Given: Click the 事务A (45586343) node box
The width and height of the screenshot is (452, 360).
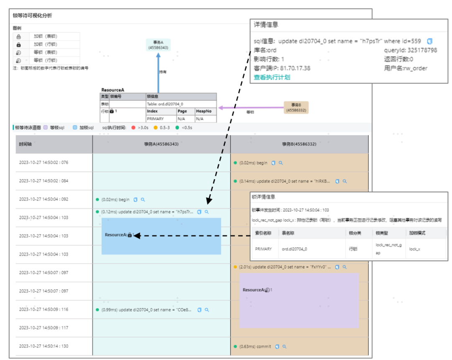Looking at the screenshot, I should [x=158, y=45].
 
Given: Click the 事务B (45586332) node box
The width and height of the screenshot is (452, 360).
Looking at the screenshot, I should [x=296, y=108].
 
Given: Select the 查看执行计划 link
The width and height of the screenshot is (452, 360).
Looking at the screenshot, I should [x=272, y=77].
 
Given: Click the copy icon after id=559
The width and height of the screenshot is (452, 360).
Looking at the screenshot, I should [x=430, y=41].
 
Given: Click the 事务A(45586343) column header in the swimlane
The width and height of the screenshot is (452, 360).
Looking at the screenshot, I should [x=161, y=144].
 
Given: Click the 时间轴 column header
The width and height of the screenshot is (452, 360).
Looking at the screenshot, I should [x=25, y=144].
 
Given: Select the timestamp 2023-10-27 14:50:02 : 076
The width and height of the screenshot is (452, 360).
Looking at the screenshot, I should [x=44, y=162].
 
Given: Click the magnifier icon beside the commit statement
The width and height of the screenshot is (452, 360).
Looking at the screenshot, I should [x=285, y=347].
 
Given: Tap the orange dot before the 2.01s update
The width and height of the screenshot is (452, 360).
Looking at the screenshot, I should [x=235, y=267].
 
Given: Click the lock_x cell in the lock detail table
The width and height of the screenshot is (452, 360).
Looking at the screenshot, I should [x=414, y=249].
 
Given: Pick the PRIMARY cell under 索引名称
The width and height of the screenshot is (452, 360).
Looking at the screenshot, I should [x=263, y=249].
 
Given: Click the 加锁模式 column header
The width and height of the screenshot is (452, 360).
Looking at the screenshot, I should [x=417, y=233].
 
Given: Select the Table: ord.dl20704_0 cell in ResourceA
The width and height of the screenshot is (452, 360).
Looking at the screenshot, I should [x=165, y=104].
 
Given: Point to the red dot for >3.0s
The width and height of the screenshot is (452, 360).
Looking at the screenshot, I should [x=133, y=127].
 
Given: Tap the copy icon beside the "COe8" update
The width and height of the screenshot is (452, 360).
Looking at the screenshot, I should [x=200, y=310].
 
